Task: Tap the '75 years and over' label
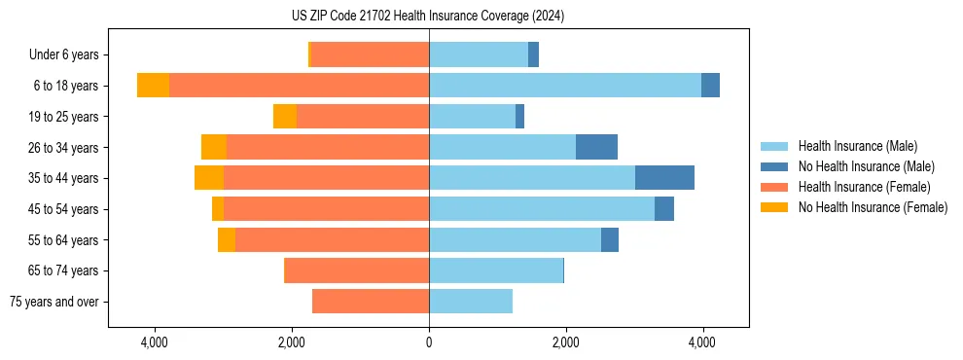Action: pyautogui.click(x=54, y=302)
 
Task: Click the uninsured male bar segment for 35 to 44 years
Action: pyautogui.click(x=664, y=178)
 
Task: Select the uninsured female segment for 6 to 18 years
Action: pyautogui.click(x=153, y=86)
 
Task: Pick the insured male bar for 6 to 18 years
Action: pyautogui.click(x=564, y=86)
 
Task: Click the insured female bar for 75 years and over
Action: pyautogui.click(x=371, y=302)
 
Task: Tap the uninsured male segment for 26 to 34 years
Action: pyautogui.click(x=596, y=147)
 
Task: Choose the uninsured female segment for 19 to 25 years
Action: pyautogui.click(x=285, y=117)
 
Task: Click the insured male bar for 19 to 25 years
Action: pyautogui.click(x=472, y=117)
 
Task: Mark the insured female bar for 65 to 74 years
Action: pyautogui.click(x=356, y=270)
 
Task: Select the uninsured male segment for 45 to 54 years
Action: pyautogui.click(x=664, y=209)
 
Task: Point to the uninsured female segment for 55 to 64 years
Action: pyautogui.click(x=227, y=240)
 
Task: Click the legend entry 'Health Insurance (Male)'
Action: pyautogui.click(x=857, y=146)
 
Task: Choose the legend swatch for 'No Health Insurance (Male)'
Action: pyautogui.click(x=774, y=166)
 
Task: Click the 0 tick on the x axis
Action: pyautogui.click(x=429, y=342)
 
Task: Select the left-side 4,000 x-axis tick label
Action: pyautogui.click(x=155, y=342)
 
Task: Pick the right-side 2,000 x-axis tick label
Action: pyautogui.click(x=565, y=342)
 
